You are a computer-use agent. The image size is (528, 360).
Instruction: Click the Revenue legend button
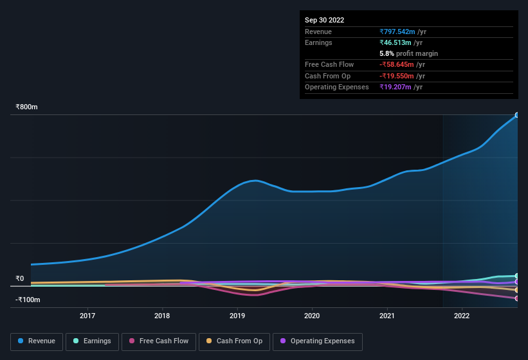point(37,341)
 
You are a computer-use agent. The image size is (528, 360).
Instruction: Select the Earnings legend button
point(93,341)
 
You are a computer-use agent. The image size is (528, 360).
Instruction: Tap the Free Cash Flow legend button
point(158,341)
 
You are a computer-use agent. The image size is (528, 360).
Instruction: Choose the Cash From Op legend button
point(235,341)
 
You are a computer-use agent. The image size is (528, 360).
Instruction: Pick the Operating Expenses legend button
point(318,341)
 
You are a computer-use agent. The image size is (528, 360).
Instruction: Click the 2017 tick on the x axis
point(87,316)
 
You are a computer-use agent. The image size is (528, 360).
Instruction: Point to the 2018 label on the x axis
point(162,316)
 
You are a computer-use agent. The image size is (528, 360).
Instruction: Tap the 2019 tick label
point(237,316)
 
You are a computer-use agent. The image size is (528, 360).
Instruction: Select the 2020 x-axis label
point(312,316)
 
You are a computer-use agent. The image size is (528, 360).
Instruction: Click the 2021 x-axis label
point(387,316)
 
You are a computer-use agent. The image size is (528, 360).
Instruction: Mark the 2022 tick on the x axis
point(461,316)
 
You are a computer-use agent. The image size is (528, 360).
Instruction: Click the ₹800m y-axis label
point(26,107)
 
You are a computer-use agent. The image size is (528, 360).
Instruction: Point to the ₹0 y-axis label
point(20,279)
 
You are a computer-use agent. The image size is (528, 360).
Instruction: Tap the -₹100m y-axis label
point(28,300)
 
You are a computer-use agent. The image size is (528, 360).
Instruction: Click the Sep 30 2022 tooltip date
point(324,20)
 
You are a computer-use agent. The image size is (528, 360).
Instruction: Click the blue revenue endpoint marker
point(516,116)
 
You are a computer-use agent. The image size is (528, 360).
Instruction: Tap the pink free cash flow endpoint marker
point(516,298)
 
